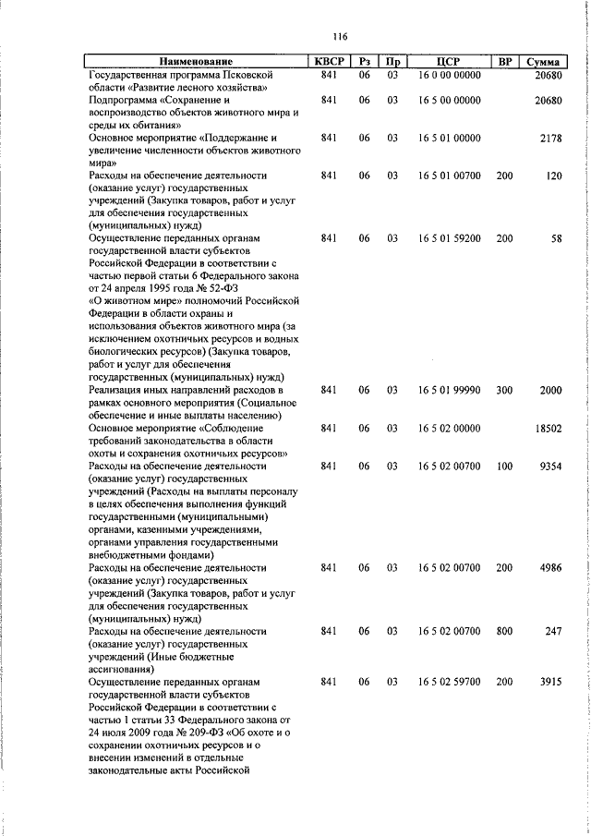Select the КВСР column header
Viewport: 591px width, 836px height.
click(x=327, y=61)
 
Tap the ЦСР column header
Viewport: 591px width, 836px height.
click(x=448, y=61)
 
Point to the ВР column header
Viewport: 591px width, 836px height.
click(x=504, y=61)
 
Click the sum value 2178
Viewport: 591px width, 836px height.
click(x=549, y=138)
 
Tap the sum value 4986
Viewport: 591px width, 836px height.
click(x=549, y=568)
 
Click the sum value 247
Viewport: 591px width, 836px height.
click(x=552, y=631)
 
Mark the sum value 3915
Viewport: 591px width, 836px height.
click(x=549, y=682)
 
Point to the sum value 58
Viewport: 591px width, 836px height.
click(x=555, y=238)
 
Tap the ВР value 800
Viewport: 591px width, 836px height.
click(x=504, y=631)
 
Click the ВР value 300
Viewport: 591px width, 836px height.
click(x=504, y=391)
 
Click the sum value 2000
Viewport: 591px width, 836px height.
click(x=549, y=391)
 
